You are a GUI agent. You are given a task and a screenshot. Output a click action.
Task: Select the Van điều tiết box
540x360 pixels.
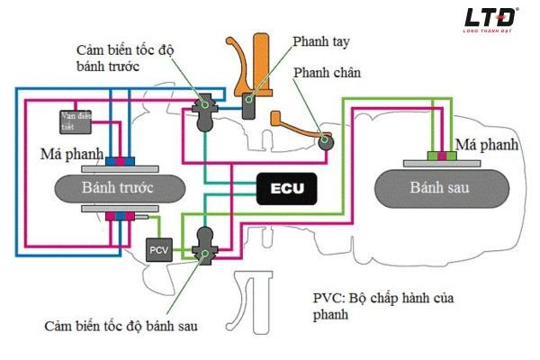pyautogui.click(x=72, y=120)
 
